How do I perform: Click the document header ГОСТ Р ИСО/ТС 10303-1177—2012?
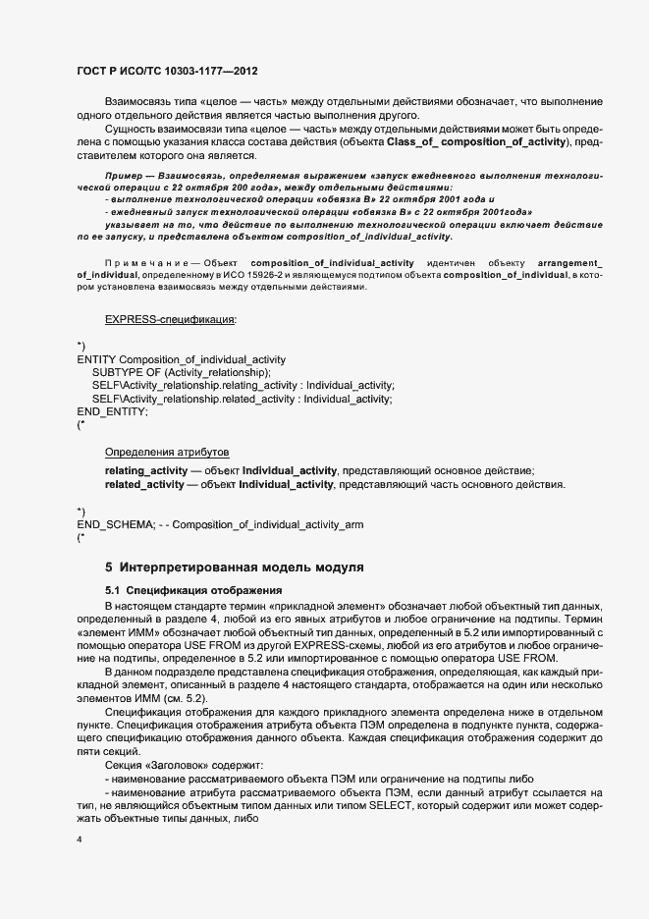[168, 71]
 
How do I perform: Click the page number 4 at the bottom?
[80, 838]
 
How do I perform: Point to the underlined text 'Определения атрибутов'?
[167, 452]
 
